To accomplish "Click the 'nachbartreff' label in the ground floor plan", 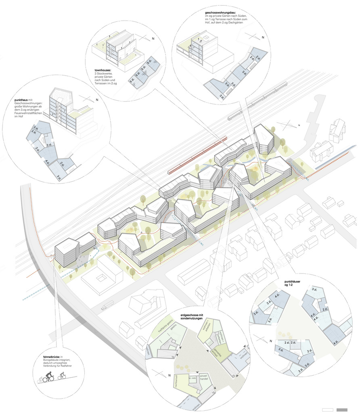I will pyautogui.click(x=177, y=381).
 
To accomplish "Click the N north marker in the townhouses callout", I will pyautogui.click(x=153, y=39).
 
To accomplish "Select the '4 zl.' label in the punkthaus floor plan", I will pyautogui.click(x=48, y=162).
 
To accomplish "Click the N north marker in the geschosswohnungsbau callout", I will pyautogui.click(x=263, y=38).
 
